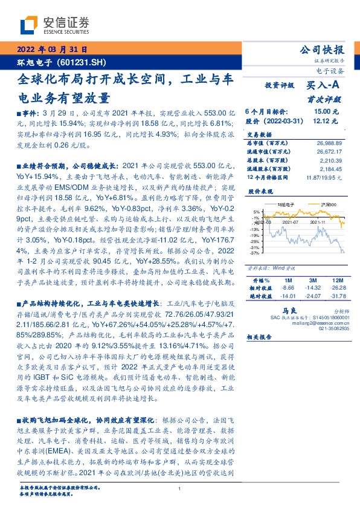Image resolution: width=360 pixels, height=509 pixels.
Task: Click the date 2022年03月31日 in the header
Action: (x=52, y=50)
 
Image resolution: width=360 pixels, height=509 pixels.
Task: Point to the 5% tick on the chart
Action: (x=257, y=213)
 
